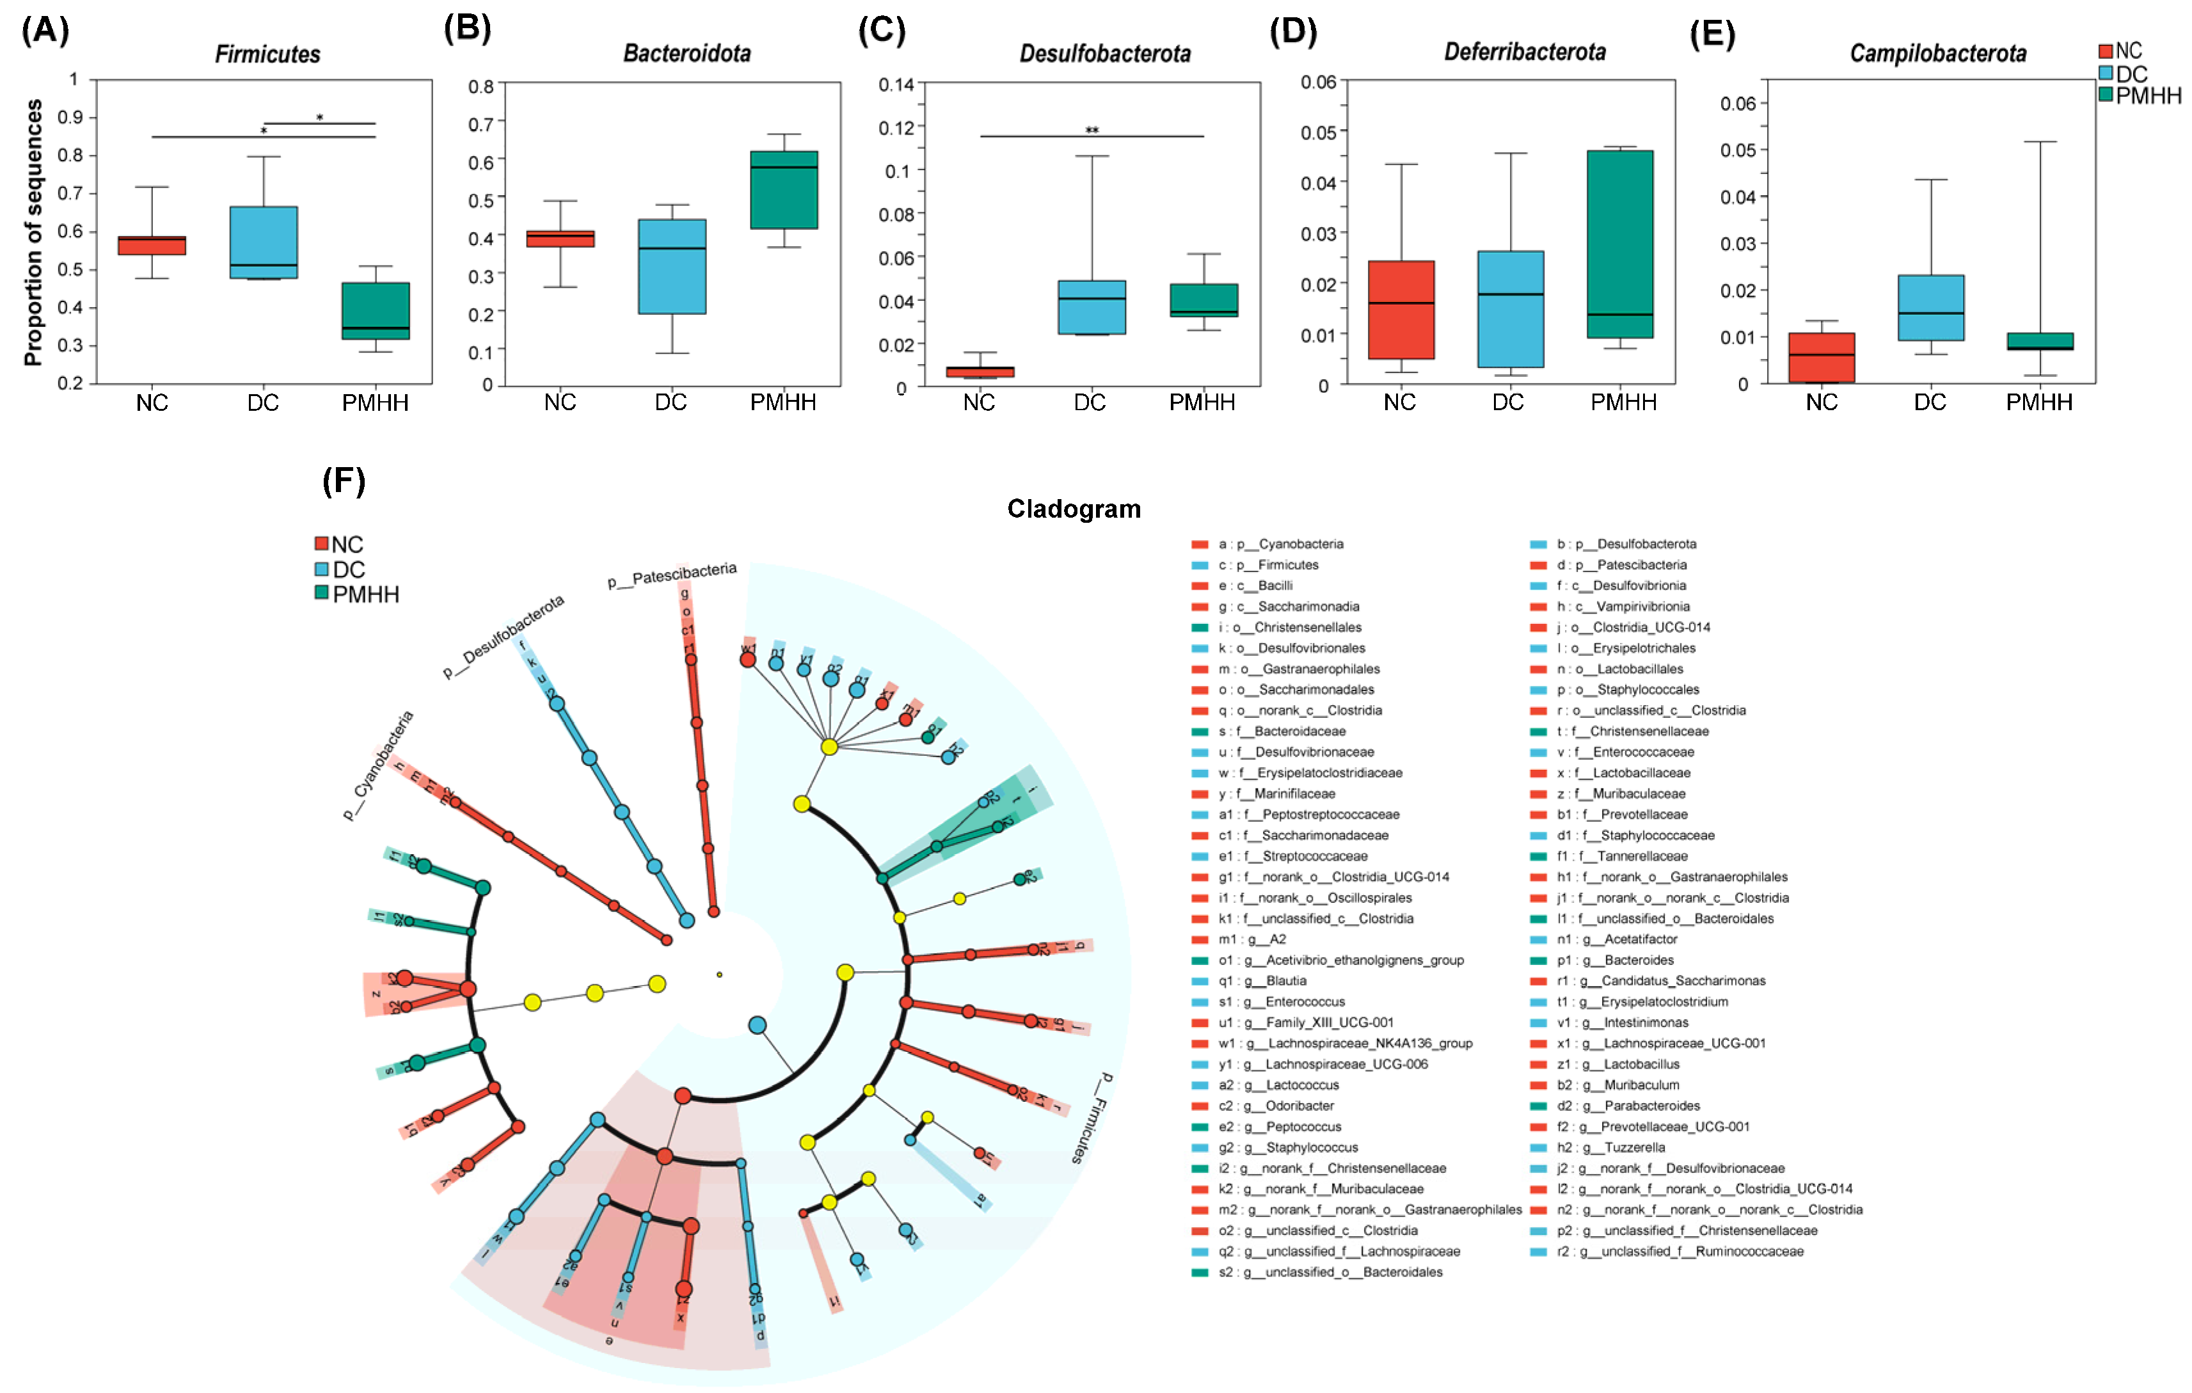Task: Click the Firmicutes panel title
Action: pyautogui.click(x=267, y=54)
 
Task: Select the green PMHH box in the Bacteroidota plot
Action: pyautogui.click(x=784, y=190)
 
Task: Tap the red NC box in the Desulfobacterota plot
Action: pyautogui.click(x=980, y=372)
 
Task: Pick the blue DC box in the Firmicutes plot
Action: pyautogui.click(x=263, y=242)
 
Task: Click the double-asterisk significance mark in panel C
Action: pyautogui.click(x=1092, y=130)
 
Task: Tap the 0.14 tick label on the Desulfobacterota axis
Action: pyautogui.click(x=896, y=84)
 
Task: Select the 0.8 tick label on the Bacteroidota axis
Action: pyautogui.click(x=480, y=86)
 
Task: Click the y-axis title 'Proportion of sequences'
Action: pyautogui.click(x=34, y=232)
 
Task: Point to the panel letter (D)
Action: pyautogui.click(x=1292, y=32)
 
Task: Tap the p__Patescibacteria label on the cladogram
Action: pyautogui.click(x=672, y=575)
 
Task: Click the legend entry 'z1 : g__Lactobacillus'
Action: pyautogui.click(x=1630, y=1064)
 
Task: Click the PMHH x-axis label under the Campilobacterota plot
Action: pyautogui.click(x=2039, y=402)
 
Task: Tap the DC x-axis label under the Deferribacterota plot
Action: pyautogui.click(x=1507, y=402)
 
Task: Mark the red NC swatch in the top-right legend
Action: pyautogui.click(x=2106, y=52)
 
